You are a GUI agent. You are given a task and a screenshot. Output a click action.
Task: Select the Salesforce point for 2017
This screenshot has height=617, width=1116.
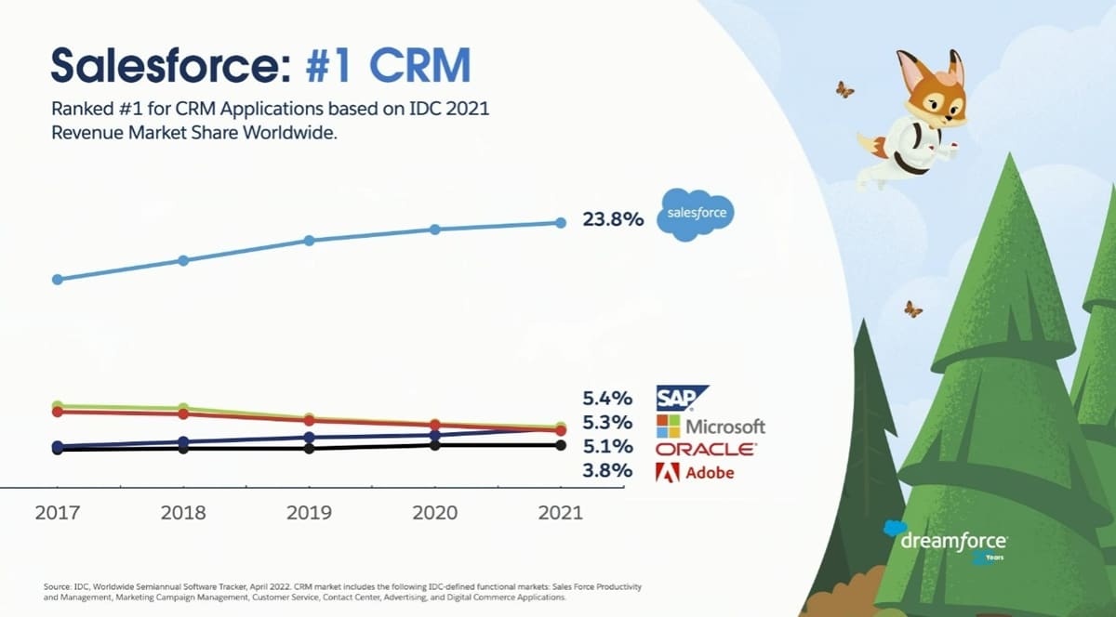57,279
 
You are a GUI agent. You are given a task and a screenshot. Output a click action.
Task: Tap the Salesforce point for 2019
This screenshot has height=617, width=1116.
309,240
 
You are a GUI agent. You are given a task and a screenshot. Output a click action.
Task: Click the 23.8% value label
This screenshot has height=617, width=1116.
613,220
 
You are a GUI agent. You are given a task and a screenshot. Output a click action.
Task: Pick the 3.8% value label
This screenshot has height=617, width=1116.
607,471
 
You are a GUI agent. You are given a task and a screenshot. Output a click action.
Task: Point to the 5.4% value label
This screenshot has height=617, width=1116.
607,399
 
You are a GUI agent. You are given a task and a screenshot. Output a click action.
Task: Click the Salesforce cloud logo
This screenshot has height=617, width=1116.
694,215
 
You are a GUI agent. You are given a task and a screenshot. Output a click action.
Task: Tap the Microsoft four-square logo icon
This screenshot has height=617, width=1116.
668,426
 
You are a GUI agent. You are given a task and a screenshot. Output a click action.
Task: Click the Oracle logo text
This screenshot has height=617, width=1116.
706,449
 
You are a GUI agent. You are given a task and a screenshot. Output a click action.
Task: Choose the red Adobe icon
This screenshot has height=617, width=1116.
668,472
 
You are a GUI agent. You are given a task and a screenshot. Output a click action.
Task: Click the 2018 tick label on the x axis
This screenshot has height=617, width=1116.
183,513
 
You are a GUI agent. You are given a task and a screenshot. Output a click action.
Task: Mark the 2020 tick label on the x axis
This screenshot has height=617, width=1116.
434,513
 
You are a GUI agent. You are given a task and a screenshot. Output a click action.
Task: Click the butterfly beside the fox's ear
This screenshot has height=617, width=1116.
844,89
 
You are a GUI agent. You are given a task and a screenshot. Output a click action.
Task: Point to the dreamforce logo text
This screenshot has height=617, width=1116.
953,539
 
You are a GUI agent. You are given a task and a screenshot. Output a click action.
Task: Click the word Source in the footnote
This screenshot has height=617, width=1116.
57,586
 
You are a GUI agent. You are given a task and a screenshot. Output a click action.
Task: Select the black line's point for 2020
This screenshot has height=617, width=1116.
434,445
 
